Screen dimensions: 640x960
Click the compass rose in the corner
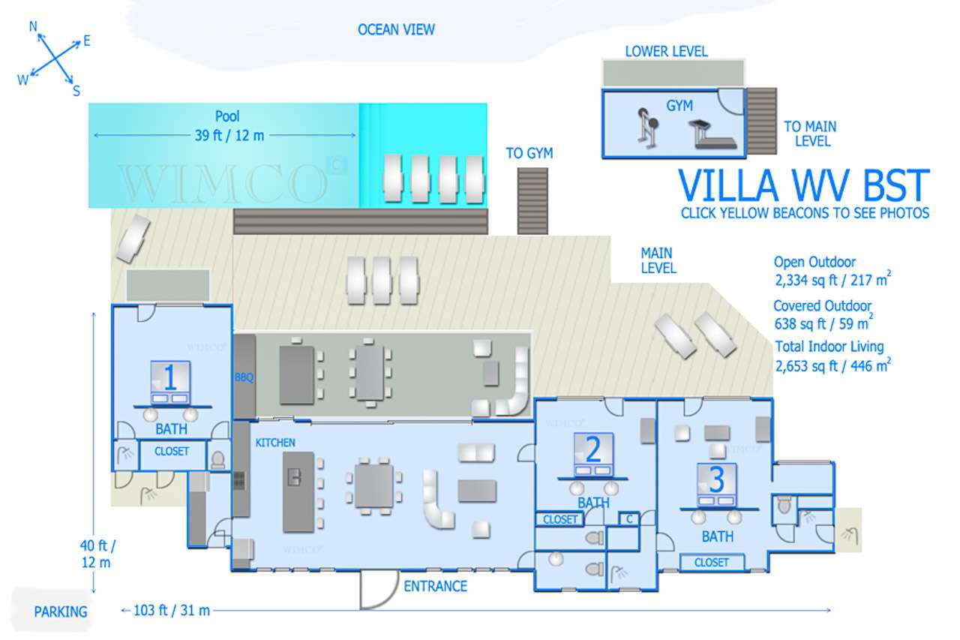coord(54,59)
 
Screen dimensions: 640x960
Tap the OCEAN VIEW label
coord(396,30)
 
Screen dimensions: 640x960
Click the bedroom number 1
coord(170,378)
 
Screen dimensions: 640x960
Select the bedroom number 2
coord(592,449)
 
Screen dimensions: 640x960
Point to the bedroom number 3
coord(716,479)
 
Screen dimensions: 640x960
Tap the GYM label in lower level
coord(679,106)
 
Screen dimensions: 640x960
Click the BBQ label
coord(244,377)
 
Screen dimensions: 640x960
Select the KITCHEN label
coord(275,443)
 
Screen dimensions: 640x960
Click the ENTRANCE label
coord(435,586)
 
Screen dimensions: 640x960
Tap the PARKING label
coord(61,611)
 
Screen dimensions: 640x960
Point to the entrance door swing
coord(378,590)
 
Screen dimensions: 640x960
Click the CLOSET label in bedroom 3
coord(712,562)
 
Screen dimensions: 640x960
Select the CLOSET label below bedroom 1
coord(171,452)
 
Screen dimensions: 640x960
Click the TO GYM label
coord(529,154)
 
